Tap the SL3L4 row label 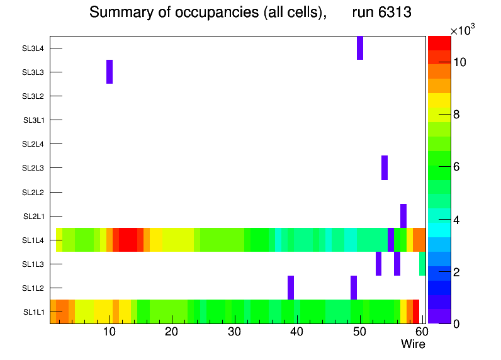(x=33, y=48)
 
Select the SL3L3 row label (x=33, y=72)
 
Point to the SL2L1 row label (x=33, y=217)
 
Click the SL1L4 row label (x=33, y=240)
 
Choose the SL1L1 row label (x=33, y=312)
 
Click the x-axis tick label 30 (x=234, y=332)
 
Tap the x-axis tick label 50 (x=359, y=332)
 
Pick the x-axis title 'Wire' (x=413, y=344)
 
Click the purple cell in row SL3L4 (x=360, y=48)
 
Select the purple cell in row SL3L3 (x=110, y=72)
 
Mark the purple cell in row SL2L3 (x=385, y=167)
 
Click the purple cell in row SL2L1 (x=403, y=216)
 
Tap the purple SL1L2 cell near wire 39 (x=291, y=288)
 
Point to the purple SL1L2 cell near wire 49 (x=354, y=288)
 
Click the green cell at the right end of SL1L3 (x=422, y=264)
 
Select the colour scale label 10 (x=459, y=62)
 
